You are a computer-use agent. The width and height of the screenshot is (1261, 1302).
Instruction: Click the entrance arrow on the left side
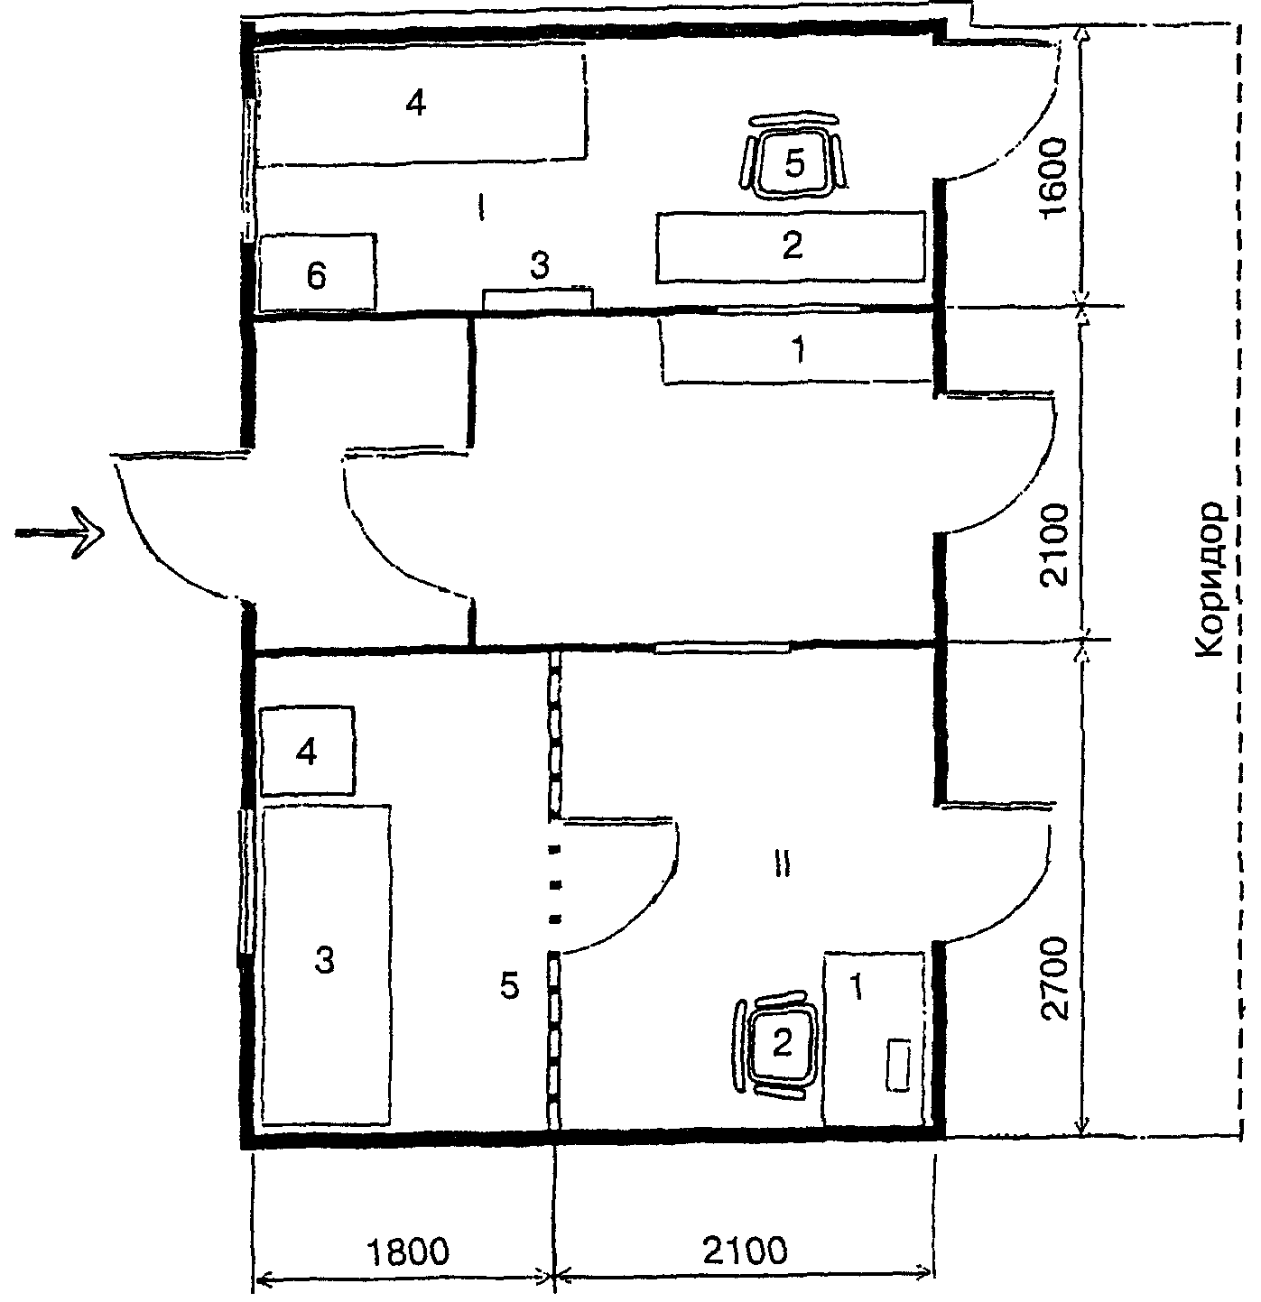click(x=60, y=532)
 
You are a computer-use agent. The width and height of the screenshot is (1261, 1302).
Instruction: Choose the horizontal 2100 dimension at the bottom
click(x=745, y=1249)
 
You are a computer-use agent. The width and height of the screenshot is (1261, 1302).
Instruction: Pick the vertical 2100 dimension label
click(x=1053, y=545)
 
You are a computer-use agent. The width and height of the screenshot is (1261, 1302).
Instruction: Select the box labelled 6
click(x=317, y=272)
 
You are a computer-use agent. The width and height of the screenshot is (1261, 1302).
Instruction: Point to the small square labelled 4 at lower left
click(x=307, y=751)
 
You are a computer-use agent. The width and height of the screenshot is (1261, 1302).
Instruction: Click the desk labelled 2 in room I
click(x=791, y=246)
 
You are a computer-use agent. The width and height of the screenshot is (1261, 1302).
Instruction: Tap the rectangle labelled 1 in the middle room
click(x=796, y=349)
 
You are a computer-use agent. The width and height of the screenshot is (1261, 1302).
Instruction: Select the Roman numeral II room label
click(x=782, y=866)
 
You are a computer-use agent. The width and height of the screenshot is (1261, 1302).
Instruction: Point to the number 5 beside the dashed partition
click(x=509, y=985)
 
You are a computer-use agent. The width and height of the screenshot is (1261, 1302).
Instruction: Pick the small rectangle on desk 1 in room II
click(x=898, y=1065)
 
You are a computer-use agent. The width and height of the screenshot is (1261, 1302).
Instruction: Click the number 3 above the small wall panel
click(x=540, y=265)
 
